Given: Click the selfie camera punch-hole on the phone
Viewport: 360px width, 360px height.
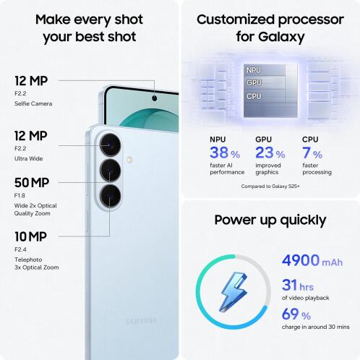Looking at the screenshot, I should pyautogui.click(x=155, y=97).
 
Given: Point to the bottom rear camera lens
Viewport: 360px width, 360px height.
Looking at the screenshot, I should pyautogui.click(x=111, y=195).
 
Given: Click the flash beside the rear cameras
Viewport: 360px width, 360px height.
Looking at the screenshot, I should pyautogui.click(x=129, y=158).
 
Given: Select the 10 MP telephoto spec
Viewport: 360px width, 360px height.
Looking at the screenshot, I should pyautogui.click(x=30, y=236).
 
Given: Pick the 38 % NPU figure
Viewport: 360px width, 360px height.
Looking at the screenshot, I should pyautogui.click(x=225, y=153).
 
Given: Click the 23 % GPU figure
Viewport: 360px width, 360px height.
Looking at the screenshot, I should pyautogui.click(x=270, y=153).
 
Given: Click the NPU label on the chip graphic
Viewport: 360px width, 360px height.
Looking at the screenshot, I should pyautogui.click(x=254, y=70).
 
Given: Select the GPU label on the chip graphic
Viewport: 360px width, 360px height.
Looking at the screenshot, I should pyautogui.click(x=254, y=82).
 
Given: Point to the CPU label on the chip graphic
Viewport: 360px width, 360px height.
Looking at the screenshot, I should pyautogui.click(x=254, y=95).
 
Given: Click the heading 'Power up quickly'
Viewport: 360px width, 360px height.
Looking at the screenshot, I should pyautogui.click(x=270, y=219).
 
